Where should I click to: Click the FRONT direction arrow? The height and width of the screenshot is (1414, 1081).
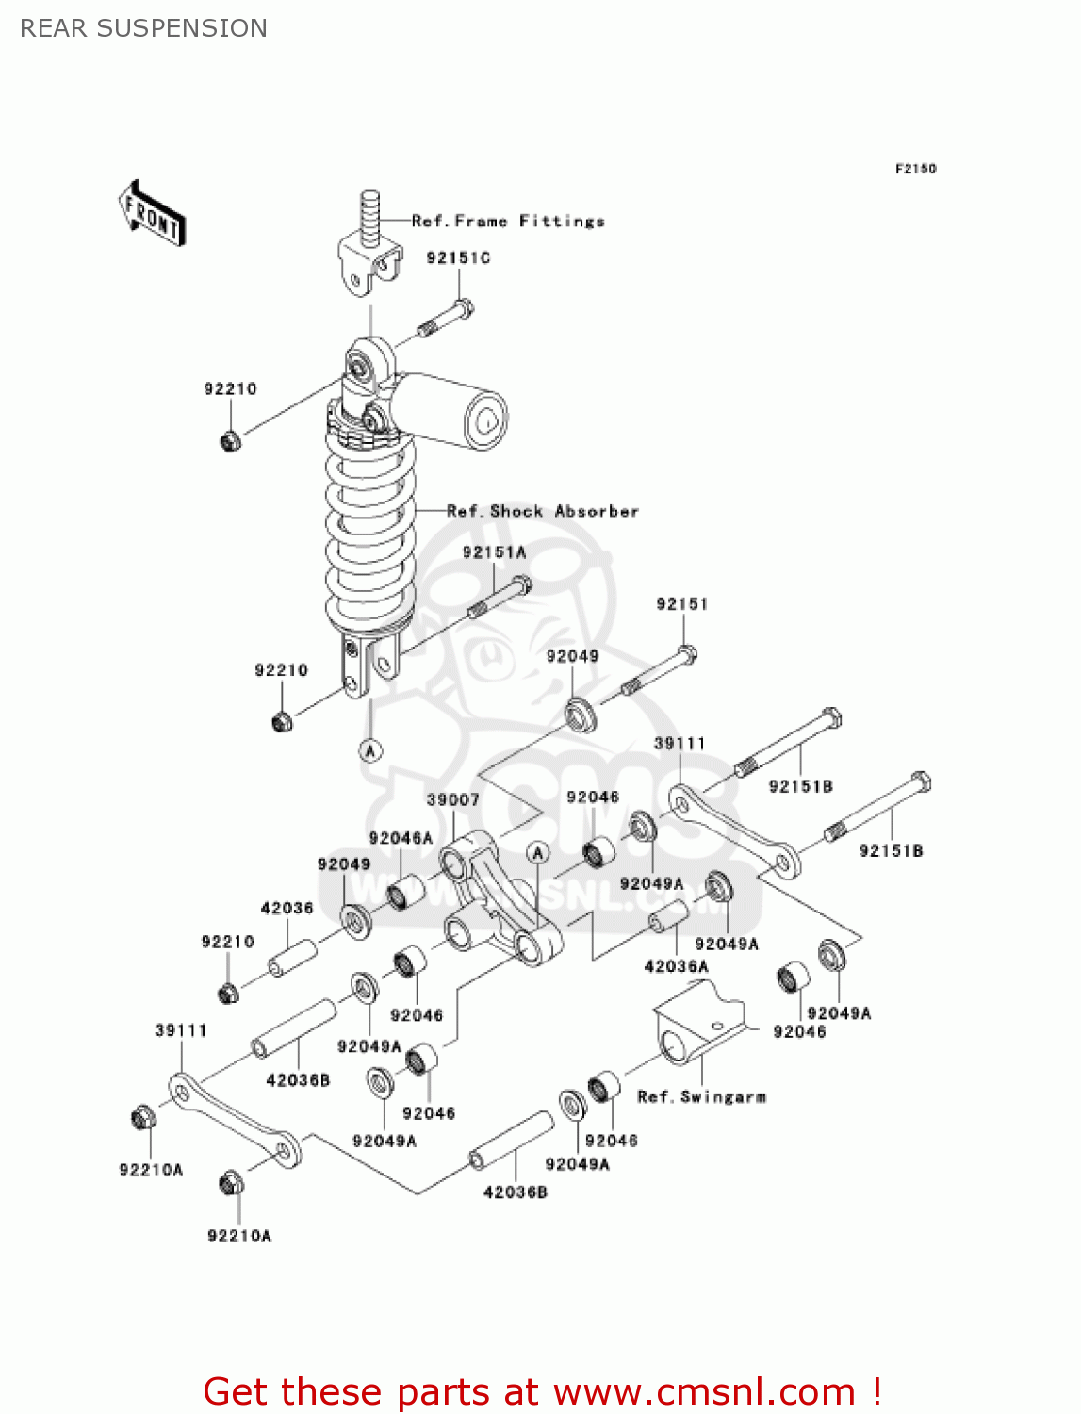[x=152, y=214]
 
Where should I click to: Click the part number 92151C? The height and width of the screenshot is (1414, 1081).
[x=458, y=258]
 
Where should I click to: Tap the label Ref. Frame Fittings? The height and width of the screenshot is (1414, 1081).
[x=508, y=222]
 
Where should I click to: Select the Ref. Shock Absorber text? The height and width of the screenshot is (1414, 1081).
[x=543, y=512]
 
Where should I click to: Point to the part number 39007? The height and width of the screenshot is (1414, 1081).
[x=453, y=800]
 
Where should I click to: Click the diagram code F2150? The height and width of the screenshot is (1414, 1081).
[x=915, y=169]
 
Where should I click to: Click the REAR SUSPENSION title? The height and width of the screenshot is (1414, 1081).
[x=143, y=28]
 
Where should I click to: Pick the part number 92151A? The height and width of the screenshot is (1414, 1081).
[x=494, y=553]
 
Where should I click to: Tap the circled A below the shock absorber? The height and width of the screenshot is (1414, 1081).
[x=371, y=750]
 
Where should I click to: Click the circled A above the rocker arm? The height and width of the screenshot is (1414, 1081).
[x=537, y=853]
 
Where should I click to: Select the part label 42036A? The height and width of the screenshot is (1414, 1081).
[x=676, y=967]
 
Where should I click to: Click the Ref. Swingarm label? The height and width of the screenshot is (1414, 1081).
[x=702, y=1097]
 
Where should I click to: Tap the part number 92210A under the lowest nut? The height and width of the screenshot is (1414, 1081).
[x=239, y=1237]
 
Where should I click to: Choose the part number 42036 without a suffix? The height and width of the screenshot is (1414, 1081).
[x=287, y=909]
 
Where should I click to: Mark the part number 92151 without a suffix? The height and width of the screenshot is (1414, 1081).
[x=682, y=604]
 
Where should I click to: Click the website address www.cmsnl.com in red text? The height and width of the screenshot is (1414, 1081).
[x=703, y=1392]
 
